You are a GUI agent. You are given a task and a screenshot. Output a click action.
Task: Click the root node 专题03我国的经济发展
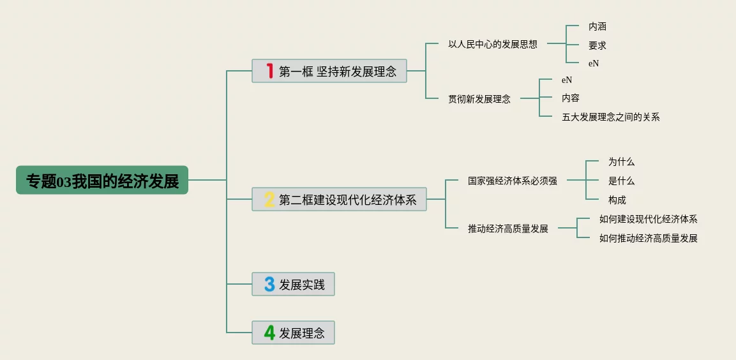click(102, 181)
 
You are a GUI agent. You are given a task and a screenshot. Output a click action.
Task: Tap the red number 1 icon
click(269, 71)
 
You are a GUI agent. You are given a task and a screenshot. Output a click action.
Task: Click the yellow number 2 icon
click(269, 200)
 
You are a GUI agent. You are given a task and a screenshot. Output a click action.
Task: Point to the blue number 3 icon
click(269, 284)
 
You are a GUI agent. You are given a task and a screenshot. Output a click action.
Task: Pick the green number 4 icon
click(269, 333)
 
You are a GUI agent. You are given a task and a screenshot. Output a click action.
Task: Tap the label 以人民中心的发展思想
click(492, 44)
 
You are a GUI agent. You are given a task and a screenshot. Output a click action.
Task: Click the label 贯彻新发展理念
click(479, 99)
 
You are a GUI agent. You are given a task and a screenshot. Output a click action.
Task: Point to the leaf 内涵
click(597, 27)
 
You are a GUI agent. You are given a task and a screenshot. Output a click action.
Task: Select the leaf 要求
click(597, 45)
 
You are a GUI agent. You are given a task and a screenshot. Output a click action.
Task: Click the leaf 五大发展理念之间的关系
click(610, 117)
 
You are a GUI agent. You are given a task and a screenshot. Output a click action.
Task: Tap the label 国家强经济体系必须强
click(512, 181)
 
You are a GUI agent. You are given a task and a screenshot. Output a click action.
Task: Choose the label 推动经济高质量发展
click(507, 229)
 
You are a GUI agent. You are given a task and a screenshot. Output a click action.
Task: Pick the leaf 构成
click(617, 200)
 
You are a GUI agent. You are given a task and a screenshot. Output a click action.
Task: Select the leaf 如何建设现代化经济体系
click(648, 219)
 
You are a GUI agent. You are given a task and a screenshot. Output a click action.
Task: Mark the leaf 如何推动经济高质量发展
click(648, 238)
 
